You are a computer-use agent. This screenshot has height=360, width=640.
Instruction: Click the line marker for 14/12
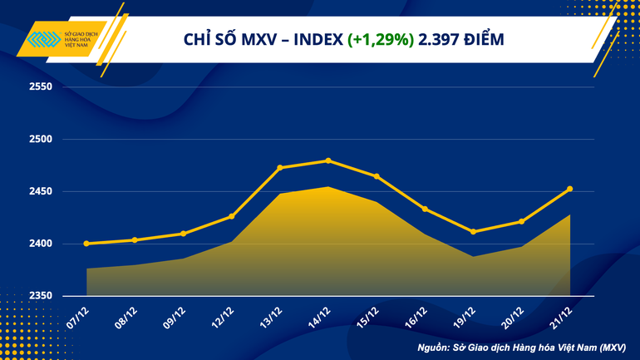point(328,160)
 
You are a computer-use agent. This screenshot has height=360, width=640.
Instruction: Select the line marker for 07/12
point(86,244)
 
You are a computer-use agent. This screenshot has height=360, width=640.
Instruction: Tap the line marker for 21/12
point(570,189)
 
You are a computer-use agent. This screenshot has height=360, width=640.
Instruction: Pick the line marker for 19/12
point(473,232)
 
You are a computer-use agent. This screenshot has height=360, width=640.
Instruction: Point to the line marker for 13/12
point(280,167)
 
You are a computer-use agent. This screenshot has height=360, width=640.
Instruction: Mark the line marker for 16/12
point(425,209)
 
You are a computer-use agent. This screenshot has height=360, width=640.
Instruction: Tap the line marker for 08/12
point(135,240)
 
